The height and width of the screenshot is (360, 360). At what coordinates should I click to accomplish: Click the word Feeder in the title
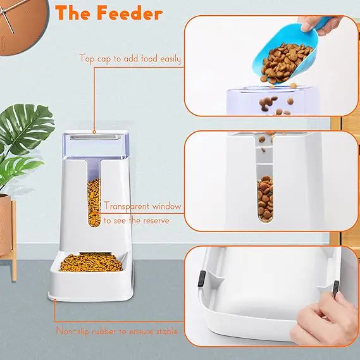coord(132,13)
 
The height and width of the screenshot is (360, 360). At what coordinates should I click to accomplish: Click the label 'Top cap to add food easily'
coord(130,59)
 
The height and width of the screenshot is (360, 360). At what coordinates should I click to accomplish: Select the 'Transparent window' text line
coord(143,206)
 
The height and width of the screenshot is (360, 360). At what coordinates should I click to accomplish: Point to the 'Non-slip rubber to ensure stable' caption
coord(116,331)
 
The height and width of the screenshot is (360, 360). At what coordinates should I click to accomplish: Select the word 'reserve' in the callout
coord(163,220)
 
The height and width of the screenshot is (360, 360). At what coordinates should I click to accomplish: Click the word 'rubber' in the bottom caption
coord(101,331)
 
